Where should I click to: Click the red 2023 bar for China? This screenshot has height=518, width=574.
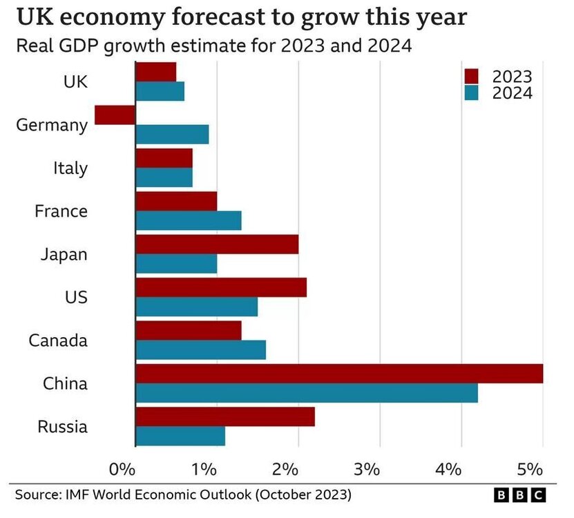point(338,374)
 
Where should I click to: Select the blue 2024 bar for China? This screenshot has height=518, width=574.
point(306,393)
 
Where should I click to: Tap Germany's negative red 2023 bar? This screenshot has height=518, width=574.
point(115,115)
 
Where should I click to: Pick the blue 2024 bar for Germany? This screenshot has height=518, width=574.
point(172,134)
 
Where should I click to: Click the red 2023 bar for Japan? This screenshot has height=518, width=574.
point(217,244)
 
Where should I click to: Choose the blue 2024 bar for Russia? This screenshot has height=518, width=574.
point(180,437)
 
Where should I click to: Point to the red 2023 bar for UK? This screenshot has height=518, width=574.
point(156,72)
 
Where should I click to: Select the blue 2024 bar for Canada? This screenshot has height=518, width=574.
point(200,350)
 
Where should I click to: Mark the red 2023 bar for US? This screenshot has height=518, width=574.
point(221,287)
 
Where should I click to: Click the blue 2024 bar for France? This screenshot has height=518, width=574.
point(189,220)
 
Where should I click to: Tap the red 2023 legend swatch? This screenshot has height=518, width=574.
point(472,76)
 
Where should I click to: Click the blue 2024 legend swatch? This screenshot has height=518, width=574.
point(472,93)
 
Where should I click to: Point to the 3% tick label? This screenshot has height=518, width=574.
point(367,470)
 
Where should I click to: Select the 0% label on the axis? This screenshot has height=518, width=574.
point(122,470)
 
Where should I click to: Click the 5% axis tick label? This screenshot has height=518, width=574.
point(530,470)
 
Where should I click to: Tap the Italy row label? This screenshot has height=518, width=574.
point(70,168)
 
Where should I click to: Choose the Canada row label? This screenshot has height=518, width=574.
point(58,340)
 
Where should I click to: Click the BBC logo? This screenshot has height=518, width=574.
point(520,495)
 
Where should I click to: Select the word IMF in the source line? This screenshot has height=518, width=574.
point(81,495)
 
